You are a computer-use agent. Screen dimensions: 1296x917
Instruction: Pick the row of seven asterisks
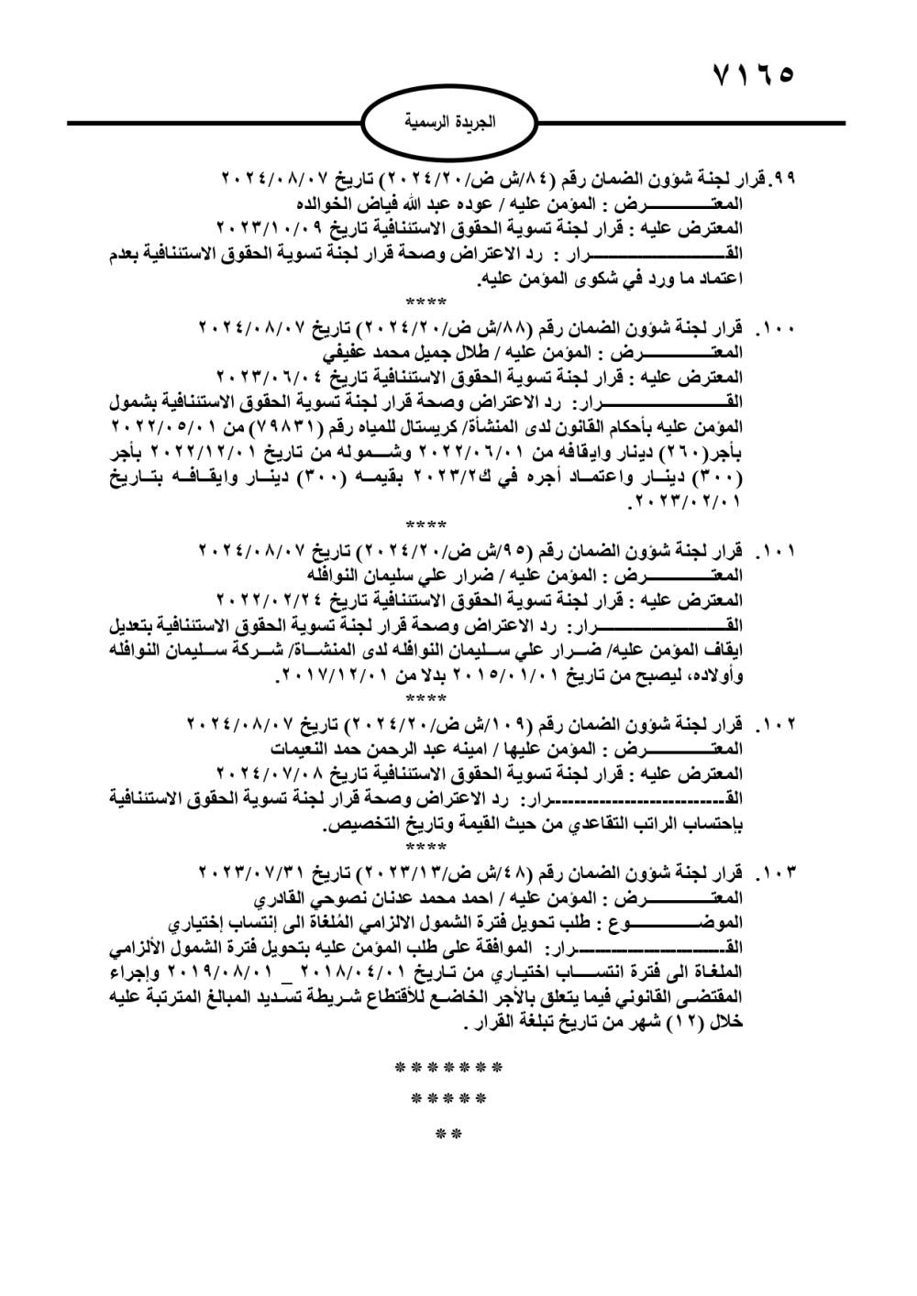click(448, 1069)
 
